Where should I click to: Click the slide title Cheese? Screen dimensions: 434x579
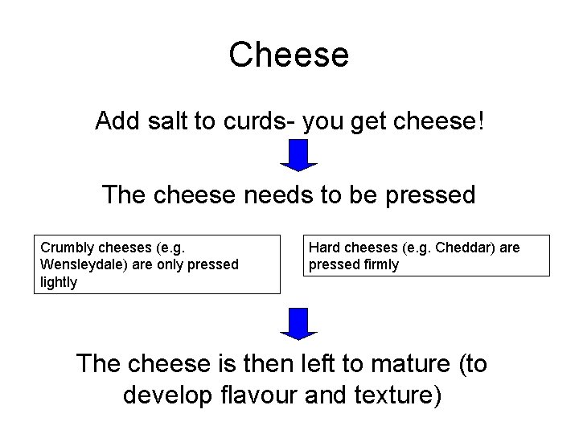point(289,55)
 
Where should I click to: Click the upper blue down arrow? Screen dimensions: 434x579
point(298,155)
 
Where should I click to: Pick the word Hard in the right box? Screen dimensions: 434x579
point(324,248)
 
